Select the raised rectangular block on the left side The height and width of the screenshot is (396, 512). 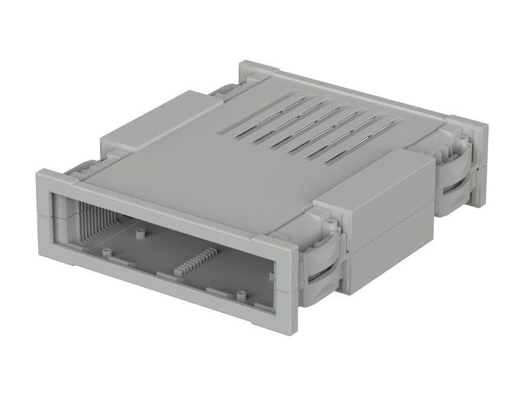pos(153,122)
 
